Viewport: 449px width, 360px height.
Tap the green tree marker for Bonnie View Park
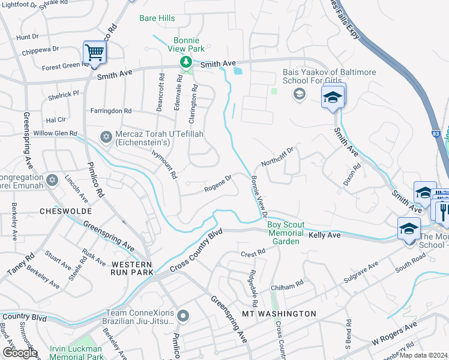pos(187,62)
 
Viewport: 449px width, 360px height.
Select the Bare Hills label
pos(157,19)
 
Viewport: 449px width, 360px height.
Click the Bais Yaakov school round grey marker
pos(298,94)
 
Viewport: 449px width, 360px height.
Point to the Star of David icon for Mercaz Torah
pos(107,138)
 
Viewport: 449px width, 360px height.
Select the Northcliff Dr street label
pos(277,157)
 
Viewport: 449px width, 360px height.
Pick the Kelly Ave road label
pos(324,236)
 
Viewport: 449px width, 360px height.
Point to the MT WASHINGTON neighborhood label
pos(279,314)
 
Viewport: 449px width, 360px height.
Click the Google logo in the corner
pos(20,353)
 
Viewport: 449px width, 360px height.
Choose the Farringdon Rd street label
pos(110,111)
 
